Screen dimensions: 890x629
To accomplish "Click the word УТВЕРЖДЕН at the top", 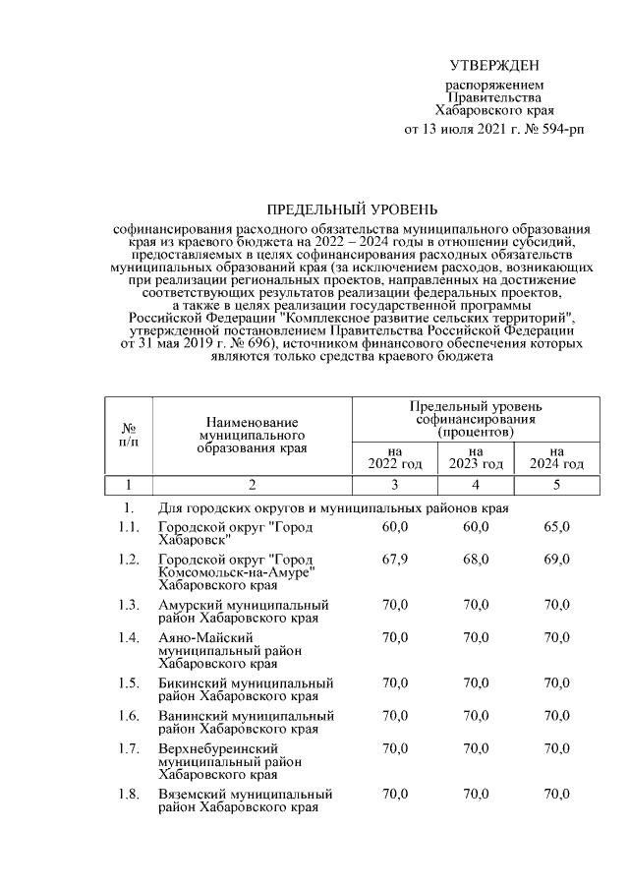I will pyautogui.click(x=494, y=66).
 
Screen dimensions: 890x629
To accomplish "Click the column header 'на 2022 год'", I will pyautogui.click(x=394, y=457).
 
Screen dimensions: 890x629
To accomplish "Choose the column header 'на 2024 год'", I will pyautogui.click(x=556, y=457).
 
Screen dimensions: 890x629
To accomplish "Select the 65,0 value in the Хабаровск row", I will pyautogui.click(x=556, y=528).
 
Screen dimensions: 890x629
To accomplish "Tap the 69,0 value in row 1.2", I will pyautogui.click(x=556, y=560).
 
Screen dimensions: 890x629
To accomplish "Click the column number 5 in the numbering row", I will pyautogui.click(x=556, y=485).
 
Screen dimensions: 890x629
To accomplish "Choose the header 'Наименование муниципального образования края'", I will pyautogui.click(x=253, y=434).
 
